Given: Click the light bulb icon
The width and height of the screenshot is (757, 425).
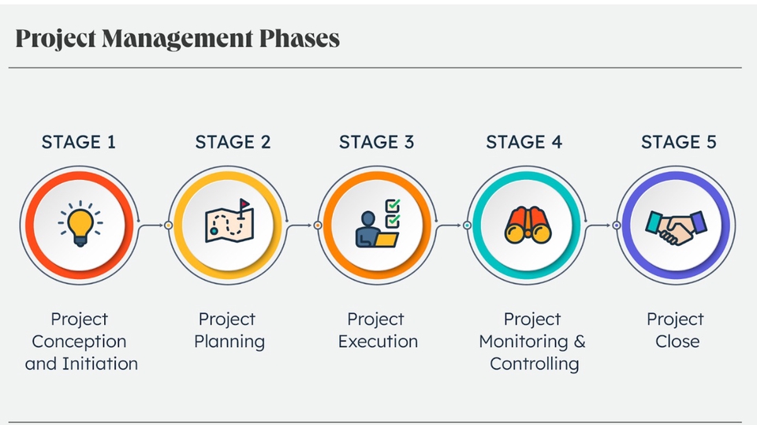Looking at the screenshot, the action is [x=80, y=224].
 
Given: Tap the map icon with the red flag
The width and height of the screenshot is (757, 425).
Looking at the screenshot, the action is [x=229, y=221].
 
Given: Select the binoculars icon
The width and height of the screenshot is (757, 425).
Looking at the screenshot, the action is [x=528, y=225].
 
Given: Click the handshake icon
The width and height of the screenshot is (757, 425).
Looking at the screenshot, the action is [x=676, y=227].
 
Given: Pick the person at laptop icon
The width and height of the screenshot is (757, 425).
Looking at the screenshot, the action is [x=378, y=224].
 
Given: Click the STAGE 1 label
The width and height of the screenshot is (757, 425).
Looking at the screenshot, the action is [x=79, y=142].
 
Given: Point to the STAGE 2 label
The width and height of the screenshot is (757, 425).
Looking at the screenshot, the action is [x=233, y=142].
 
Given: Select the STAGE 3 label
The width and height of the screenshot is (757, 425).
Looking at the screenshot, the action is [x=377, y=142].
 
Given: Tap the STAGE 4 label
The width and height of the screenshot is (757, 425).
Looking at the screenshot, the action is [x=524, y=142].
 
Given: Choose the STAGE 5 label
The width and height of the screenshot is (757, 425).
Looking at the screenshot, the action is [x=679, y=142].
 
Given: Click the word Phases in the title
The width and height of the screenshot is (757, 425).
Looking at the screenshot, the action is [x=300, y=38].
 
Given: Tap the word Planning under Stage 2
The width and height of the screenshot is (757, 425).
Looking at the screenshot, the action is [x=229, y=342].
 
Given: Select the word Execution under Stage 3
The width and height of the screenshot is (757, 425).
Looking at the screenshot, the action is [x=378, y=341].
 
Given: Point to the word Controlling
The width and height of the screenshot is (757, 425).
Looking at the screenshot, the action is [x=535, y=364].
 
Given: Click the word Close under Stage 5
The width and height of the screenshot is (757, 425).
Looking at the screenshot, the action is [x=677, y=341].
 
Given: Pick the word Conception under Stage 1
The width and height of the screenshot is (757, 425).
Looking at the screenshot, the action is [x=79, y=342].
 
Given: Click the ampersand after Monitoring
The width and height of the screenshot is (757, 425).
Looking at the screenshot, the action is [x=580, y=341].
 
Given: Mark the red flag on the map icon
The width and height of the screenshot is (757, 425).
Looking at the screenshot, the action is [x=245, y=203].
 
